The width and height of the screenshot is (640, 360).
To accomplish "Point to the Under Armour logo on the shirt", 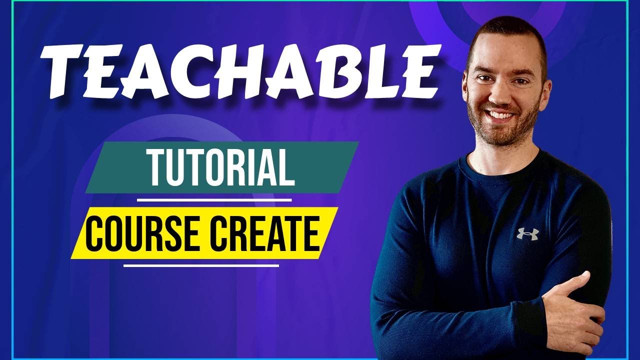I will point(527,233).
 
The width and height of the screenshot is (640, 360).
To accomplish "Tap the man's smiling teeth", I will point(500,115).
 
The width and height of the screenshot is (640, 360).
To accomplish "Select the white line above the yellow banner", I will point(214,200).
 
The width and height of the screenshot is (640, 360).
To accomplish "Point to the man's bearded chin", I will point(502,134).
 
